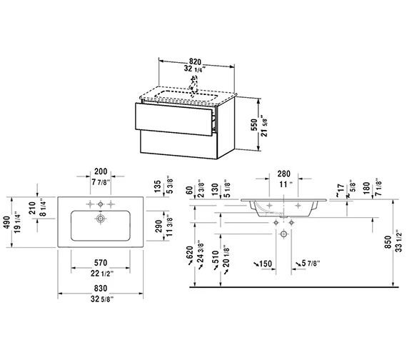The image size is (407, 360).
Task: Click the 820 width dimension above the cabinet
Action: pyautogui.click(x=195, y=62)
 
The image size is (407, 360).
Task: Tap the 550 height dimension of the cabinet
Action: pyautogui.click(x=254, y=124)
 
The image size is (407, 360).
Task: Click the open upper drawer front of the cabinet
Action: pyautogui.click(x=174, y=119)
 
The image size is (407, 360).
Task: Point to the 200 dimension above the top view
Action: pyautogui.click(x=101, y=171)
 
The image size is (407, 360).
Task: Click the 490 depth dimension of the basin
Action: pyautogui.click(x=6, y=222)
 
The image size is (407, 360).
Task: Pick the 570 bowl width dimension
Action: pyautogui.click(x=101, y=263)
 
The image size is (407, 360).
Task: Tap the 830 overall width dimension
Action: pyautogui.click(x=101, y=289)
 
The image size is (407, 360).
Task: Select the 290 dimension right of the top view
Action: pyautogui.click(x=158, y=226)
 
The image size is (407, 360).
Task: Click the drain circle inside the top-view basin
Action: pyautogui.click(x=101, y=219)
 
